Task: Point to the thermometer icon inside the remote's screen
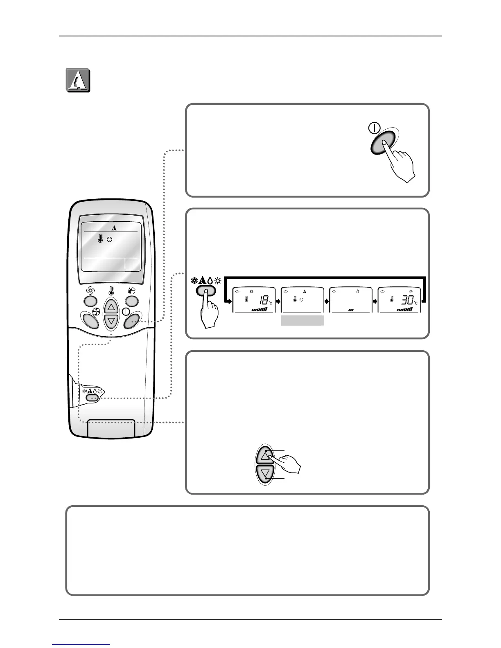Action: point(101,240)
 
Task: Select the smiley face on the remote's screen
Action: point(109,240)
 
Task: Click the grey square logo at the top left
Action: point(78,80)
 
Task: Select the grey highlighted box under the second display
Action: point(302,320)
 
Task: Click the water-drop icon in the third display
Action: point(357,292)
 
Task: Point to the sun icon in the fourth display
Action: point(411,292)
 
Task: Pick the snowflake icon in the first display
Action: point(251,292)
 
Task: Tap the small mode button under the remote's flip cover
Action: point(93,397)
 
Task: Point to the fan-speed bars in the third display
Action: point(351,310)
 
